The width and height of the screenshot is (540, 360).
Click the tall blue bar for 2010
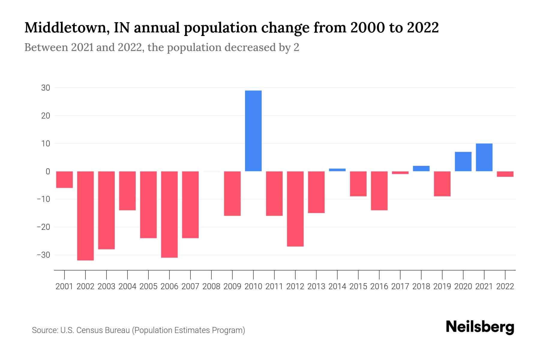pos(253,131)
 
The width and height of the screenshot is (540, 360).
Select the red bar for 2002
pos(85,216)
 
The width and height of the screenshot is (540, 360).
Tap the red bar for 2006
pos(169,214)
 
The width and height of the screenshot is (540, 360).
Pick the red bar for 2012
pos(295,209)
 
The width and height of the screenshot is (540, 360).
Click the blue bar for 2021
pos(484,157)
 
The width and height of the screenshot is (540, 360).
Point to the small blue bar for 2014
pos(337,170)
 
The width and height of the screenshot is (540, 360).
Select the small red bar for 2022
pos(505,174)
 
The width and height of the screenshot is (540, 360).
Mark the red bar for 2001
pos(64,179)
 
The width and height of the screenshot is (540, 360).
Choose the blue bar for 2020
pos(463,162)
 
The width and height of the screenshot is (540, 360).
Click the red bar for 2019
pos(442,184)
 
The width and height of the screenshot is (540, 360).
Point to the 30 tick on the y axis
pos(46,88)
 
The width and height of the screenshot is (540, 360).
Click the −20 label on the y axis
pos(43,227)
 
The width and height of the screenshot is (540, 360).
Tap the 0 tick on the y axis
pos(48,171)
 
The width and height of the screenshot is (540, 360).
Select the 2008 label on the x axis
pos(211,286)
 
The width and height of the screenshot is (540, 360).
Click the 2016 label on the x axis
pos(379,286)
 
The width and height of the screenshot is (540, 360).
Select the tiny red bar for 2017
pos(400,173)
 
